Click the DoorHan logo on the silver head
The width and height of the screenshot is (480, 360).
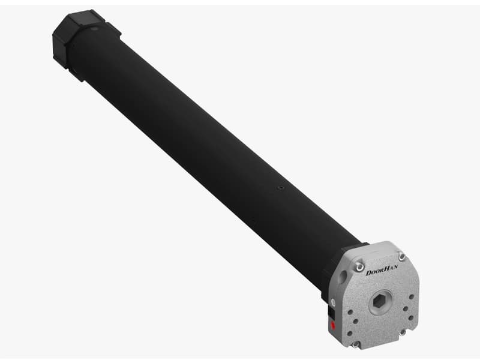[x=382, y=270]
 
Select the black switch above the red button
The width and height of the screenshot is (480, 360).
[x=332, y=313]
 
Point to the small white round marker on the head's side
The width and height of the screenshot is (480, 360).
[x=333, y=303]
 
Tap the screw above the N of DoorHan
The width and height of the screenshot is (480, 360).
[x=401, y=256]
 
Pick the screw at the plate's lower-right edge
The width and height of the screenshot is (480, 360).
[x=403, y=332]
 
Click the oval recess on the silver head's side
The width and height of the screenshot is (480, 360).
[x=343, y=276]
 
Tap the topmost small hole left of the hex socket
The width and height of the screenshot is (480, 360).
[x=350, y=313]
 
